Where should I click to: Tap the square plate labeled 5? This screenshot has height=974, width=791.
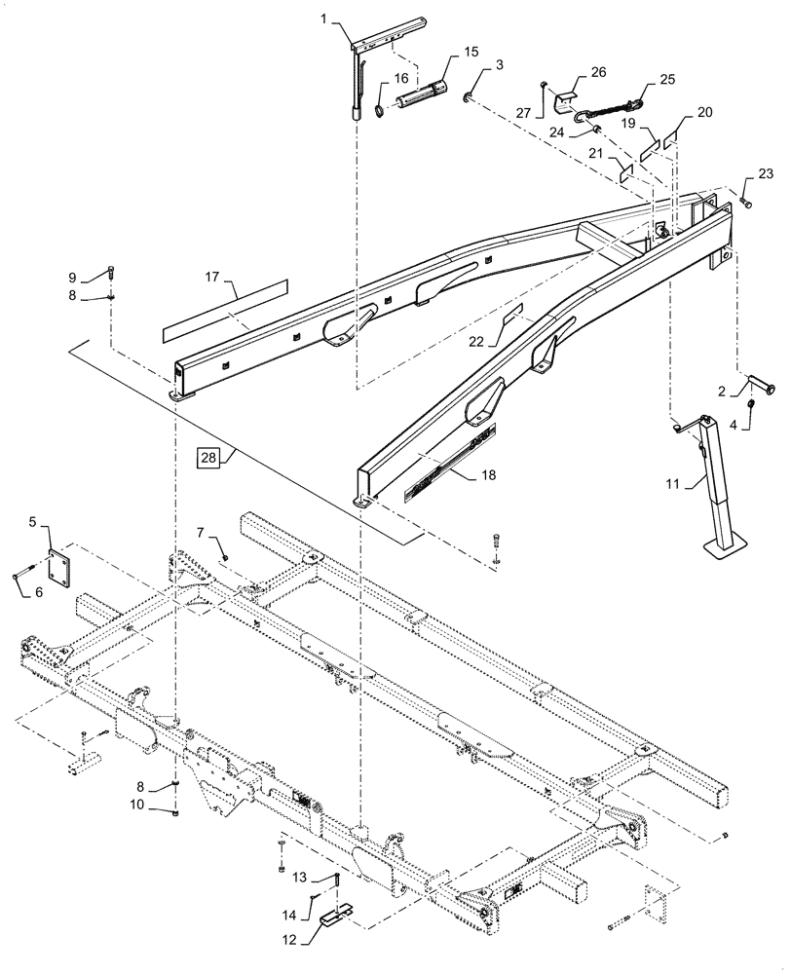(x=59, y=563)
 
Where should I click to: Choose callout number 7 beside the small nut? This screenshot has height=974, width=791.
(x=202, y=532)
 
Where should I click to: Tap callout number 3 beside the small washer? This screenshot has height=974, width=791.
(x=500, y=66)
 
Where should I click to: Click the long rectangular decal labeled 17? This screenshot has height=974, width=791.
(x=226, y=306)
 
